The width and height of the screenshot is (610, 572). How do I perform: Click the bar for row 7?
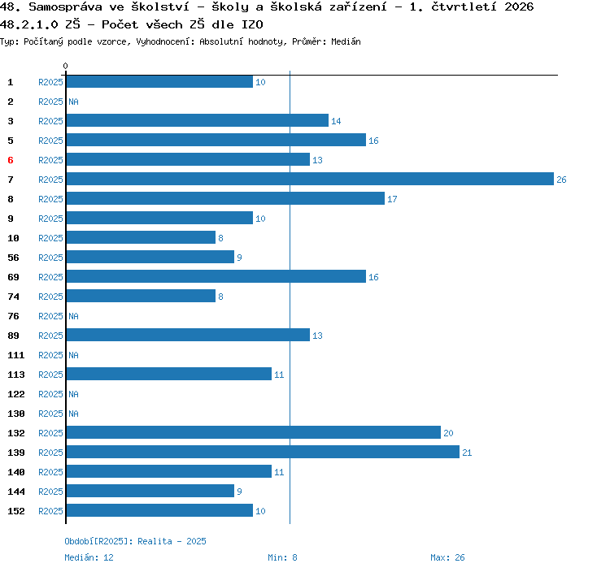(x=310, y=179)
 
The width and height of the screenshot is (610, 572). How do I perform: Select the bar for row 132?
(x=254, y=432)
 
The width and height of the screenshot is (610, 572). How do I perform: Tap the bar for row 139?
(x=263, y=452)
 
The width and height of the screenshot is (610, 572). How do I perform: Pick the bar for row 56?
(x=150, y=257)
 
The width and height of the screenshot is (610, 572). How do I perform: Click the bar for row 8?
(x=225, y=198)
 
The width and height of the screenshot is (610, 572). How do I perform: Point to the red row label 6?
(x=11, y=160)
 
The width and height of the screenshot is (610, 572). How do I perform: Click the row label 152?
(x=16, y=511)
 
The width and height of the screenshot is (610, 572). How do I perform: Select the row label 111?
(x=16, y=355)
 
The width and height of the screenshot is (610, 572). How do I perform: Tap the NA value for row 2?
(x=73, y=102)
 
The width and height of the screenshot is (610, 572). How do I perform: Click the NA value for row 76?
(x=73, y=316)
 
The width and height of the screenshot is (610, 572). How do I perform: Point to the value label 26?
(x=561, y=180)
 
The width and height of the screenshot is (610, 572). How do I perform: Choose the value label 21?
(x=467, y=453)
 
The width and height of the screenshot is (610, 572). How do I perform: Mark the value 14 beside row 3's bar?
(x=336, y=121)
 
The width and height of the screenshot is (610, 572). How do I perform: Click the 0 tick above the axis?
(x=65, y=66)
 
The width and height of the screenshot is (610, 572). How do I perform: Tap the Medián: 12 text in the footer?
(x=89, y=557)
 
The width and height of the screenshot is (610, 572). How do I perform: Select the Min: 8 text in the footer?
(x=282, y=557)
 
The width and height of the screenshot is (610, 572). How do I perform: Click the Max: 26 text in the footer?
(x=447, y=557)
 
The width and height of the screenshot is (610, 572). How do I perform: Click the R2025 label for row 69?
(x=50, y=277)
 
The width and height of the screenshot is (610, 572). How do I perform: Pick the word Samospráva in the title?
(x=65, y=7)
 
